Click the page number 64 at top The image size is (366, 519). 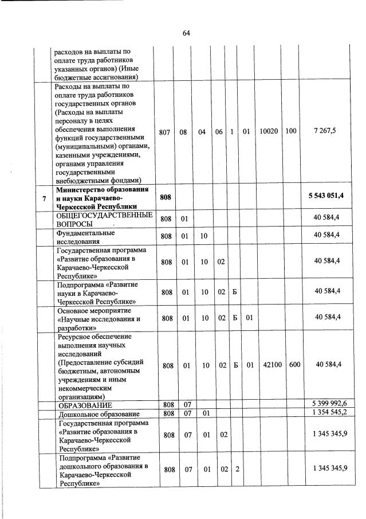[186, 33]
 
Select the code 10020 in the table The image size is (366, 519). [269, 131]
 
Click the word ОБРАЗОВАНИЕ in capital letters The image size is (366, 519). [84, 406]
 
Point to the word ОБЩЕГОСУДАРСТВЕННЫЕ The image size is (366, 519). [104, 215]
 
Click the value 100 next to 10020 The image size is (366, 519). [291, 131]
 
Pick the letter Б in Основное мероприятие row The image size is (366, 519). [234, 317]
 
